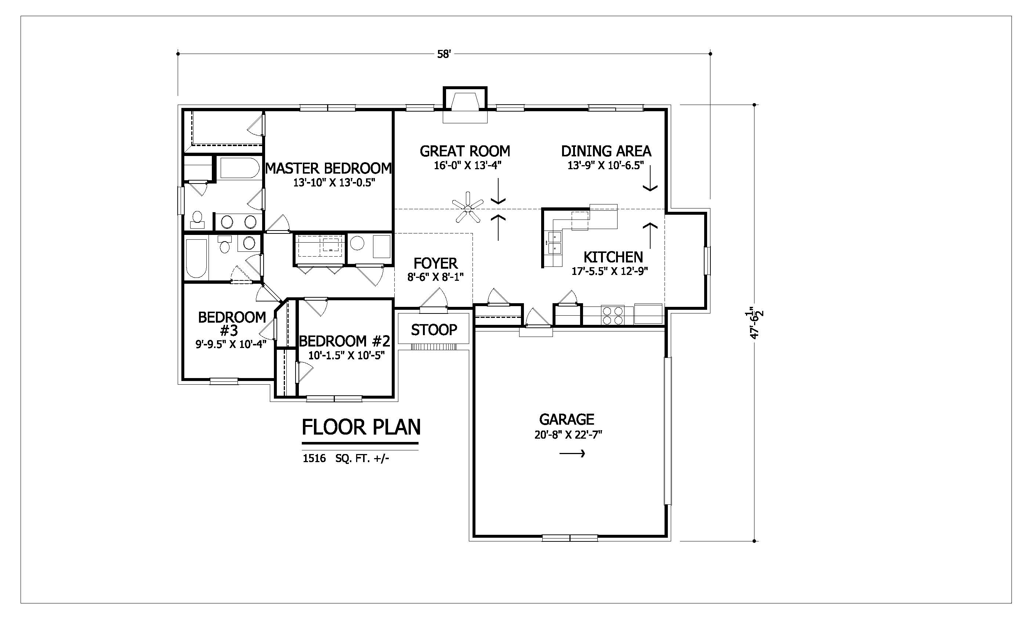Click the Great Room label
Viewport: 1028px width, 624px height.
pos(465,151)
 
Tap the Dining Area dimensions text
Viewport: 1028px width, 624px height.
pos(605,165)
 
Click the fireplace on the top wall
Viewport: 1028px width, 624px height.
pos(465,104)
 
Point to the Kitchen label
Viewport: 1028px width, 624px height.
pos(613,257)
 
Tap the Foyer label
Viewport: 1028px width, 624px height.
pos(435,263)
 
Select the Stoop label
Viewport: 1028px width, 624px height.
pos(434,330)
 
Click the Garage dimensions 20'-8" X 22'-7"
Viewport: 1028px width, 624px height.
pos(568,435)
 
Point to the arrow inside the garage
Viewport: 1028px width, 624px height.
pos(572,453)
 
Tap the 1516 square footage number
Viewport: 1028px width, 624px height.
pos(314,459)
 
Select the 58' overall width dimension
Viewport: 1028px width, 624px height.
pos(444,54)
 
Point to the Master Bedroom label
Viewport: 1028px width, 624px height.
pos(328,168)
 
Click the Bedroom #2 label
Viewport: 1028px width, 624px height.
pos(345,342)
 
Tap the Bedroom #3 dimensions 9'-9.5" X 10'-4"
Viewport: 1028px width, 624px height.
pos(231,344)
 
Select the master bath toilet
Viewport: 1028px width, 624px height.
pos(198,219)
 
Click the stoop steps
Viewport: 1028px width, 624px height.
pos(434,347)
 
